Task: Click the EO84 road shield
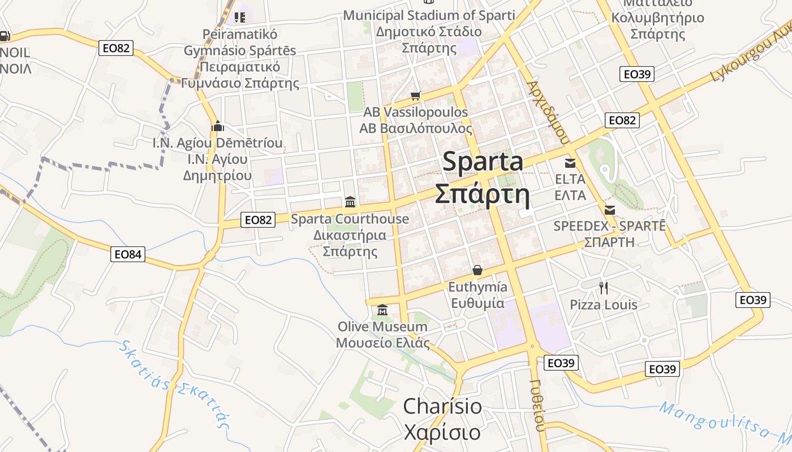tap(127, 254)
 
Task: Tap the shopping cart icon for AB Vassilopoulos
tap(416, 96)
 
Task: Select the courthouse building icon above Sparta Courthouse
tap(350, 202)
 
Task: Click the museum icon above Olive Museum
tap(382, 310)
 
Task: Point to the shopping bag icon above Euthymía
tap(477, 270)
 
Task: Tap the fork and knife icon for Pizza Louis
tap(604, 288)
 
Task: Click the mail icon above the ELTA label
tap(570, 163)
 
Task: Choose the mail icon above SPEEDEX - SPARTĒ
tap(610, 210)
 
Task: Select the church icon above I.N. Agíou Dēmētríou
tap(218, 127)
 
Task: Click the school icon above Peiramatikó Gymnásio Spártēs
tap(240, 18)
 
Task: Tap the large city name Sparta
tap(483, 162)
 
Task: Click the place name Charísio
tap(442, 407)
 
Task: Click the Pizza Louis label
tap(603, 305)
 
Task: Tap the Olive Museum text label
tap(382, 327)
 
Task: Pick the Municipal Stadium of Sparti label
tap(429, 15)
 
